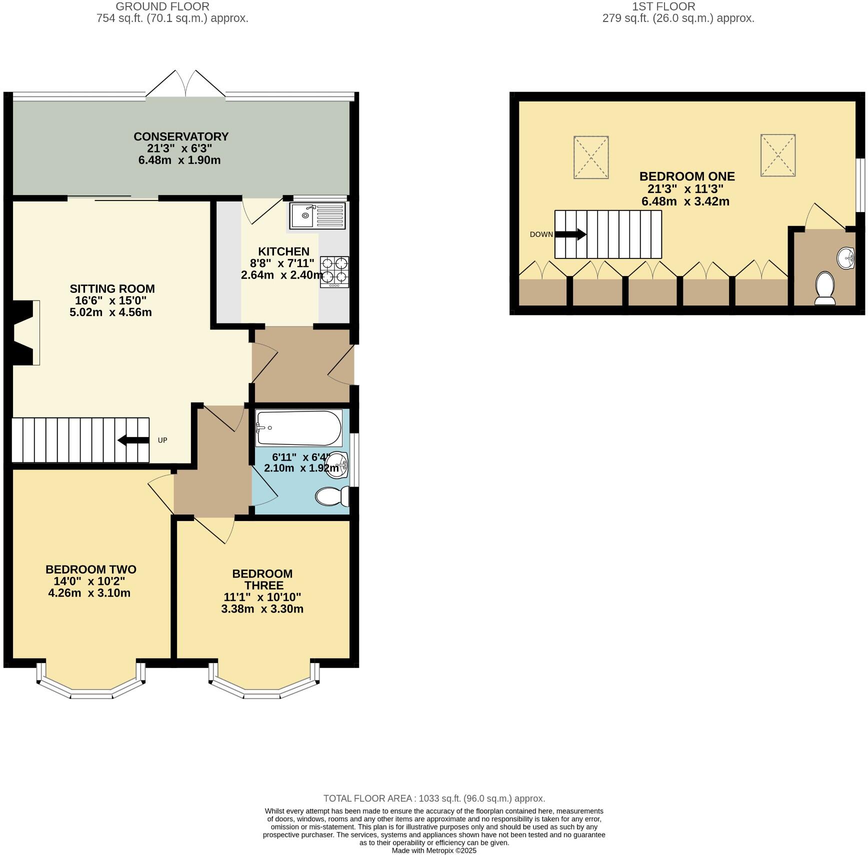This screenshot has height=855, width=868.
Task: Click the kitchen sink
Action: click(x=317, y=215)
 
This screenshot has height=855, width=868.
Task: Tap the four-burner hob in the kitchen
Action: click(x=334, y=271)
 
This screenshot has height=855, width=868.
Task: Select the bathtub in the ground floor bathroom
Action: click(x=298, y=428)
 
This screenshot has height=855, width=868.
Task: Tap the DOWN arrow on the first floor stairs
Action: click(x=570, y=234)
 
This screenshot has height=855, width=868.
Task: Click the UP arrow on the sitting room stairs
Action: click(x=133, y=440)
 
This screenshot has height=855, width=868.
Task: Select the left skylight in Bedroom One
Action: click(x=591, y=157)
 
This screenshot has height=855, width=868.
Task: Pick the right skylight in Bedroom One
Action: click(x=778, y=155)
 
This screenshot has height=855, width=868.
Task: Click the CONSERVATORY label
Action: click(x=180, y=136)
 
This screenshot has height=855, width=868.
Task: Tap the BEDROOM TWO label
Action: click(x=90, y=569)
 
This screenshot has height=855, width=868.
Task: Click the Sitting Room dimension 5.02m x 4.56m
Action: click(x=110, y=312)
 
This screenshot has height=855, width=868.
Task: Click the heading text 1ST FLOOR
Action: click(x=663, y=6)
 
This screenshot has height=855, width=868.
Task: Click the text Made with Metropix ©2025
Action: click(x=434, y=850)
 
